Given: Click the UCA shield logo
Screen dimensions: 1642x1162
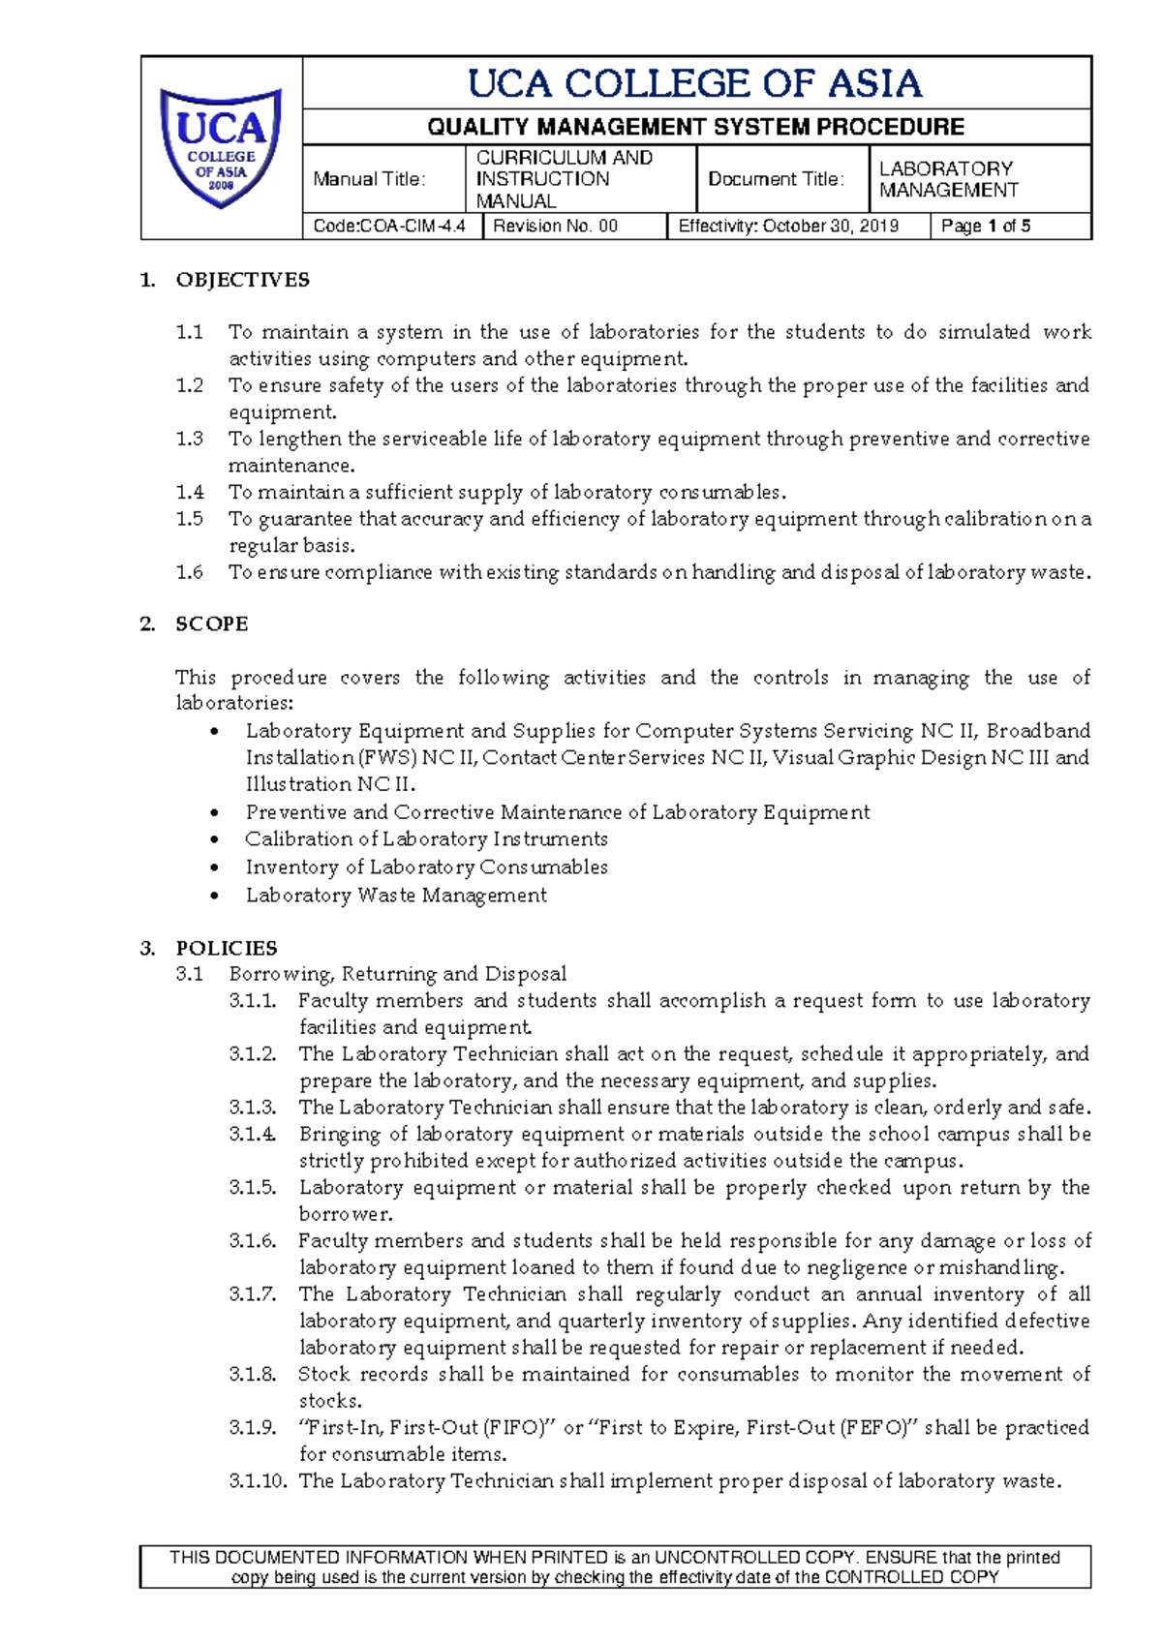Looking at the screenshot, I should (x=221, y=147).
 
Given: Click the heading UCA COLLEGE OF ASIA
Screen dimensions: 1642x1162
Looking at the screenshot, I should (x=695, y=83).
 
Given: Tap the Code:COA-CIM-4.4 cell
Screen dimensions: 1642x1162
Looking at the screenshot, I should (x=389, y=227).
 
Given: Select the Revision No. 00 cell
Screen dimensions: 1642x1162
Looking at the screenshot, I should (x=555, y=227).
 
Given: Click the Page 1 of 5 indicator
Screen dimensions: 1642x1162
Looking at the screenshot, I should (x=985, y=227).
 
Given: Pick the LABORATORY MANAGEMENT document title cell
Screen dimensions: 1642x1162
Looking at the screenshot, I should (x=948, y=179).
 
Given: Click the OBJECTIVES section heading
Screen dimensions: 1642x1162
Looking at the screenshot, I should (x=242, y=280).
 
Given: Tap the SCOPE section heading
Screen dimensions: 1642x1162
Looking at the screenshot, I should (x=211, y=623).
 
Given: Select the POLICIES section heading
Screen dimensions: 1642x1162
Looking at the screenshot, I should (x=226, y=948).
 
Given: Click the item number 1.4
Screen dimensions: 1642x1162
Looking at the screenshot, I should (x=190, y=492).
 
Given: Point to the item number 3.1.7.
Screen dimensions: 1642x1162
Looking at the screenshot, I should (x=253, y=1293).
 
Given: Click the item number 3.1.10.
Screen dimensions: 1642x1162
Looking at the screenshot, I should (x=258, y=1480).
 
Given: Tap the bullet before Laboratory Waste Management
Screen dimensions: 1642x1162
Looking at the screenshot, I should (x=215, y=896).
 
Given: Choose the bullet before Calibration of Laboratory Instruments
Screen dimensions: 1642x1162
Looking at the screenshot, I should (x=215, y=839).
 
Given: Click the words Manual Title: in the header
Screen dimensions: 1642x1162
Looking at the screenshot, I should (x=369, y=179).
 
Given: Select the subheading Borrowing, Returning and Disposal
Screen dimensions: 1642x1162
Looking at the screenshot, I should (x=397, y=974).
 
